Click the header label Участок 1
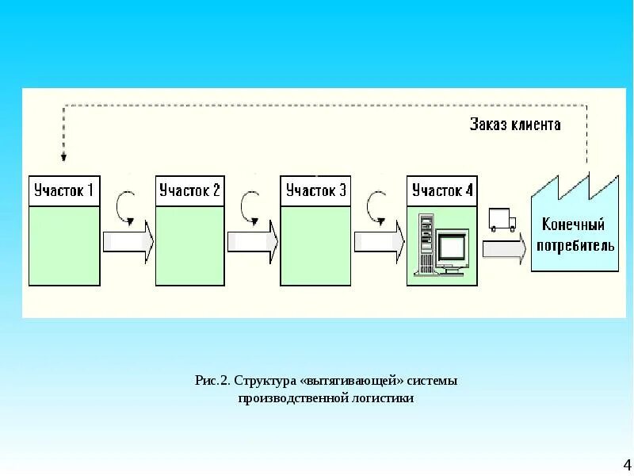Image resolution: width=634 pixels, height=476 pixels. pos(63,191)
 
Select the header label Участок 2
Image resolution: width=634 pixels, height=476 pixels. pos(190,191)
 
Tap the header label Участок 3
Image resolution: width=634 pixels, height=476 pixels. pos(315,191)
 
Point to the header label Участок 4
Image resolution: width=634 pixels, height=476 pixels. pos(442,191)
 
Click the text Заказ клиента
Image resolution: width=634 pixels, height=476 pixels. pos(515,125)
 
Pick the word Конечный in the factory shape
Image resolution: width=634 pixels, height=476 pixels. pos(575,225)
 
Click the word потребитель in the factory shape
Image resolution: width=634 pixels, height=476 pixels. pos(575,245)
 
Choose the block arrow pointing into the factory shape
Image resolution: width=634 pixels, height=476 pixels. pos(504,248)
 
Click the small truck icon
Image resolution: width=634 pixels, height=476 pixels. pos(502,220)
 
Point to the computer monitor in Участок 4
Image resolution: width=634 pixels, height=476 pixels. pos(453,249)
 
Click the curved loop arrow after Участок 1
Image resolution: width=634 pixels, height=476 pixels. pos(125,206)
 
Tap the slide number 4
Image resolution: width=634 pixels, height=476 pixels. pos(626,465)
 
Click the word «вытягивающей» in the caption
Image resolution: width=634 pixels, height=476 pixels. pos(349,382)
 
